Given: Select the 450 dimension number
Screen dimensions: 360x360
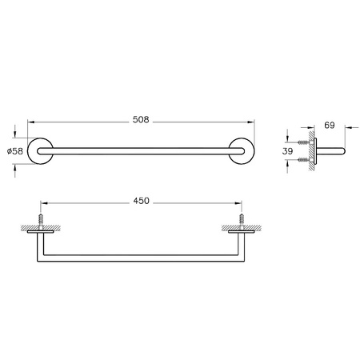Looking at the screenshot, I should pos(141,202).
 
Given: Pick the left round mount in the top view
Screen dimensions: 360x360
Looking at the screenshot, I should pos(40,150).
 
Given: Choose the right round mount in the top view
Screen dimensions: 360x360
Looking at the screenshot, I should pos(243,150).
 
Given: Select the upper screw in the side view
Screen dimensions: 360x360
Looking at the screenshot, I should pos(302,141).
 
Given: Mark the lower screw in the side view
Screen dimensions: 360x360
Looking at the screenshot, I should pos(302,160).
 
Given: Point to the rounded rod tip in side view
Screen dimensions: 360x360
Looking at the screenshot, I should pos(345,150).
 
